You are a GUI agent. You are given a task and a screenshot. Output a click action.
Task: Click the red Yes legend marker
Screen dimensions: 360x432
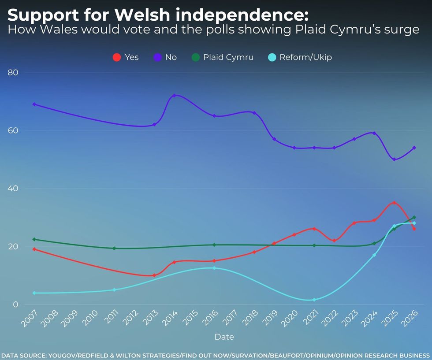click(117, 57)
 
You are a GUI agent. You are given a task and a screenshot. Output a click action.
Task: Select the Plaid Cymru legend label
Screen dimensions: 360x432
click(228, 57)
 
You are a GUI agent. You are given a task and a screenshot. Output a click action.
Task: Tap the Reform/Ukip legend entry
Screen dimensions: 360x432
click(305, 57)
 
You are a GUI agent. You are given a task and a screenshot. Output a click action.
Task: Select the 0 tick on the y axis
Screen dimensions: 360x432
click(16, 304)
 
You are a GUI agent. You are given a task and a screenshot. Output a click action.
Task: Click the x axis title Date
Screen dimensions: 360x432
click(224, 337)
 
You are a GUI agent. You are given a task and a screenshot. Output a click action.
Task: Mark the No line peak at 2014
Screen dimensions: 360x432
click(174, 95)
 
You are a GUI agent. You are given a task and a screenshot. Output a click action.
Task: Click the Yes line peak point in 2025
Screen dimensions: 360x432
click(394, 203)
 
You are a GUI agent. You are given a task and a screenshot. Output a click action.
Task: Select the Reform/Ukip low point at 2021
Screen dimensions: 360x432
click(314, 300)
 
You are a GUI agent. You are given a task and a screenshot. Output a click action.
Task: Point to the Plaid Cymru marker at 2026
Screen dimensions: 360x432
click(414, 217)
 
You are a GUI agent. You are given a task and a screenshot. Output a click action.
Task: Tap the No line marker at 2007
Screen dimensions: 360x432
click(34, 104)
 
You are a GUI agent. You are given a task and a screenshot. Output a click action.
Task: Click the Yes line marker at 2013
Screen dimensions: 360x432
click(154, 275)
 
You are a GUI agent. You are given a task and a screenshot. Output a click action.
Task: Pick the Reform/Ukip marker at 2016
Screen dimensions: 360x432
click(214, 268)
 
